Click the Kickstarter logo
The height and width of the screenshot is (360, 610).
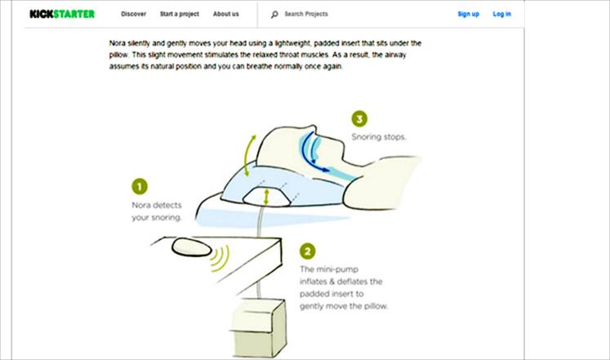62,14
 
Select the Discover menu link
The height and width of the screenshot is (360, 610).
133,14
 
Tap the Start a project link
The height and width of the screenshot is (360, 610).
180,14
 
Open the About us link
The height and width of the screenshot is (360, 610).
225,14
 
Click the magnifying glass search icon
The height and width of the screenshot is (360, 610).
274,15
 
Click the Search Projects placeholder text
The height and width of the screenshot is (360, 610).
306,14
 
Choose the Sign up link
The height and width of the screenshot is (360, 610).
469,14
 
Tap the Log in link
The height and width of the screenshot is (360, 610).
502,14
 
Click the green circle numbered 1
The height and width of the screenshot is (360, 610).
140,186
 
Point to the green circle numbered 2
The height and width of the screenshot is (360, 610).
307,251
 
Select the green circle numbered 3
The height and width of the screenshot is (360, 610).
359,118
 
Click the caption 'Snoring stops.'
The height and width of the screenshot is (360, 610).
379,137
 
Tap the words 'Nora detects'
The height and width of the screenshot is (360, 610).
157,205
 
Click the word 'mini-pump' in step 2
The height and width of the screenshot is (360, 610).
337,269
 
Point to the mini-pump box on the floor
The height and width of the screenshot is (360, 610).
258,327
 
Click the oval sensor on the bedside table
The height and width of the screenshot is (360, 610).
192,247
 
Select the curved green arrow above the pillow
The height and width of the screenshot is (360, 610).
248,155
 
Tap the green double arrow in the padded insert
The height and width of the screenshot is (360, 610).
266,197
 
